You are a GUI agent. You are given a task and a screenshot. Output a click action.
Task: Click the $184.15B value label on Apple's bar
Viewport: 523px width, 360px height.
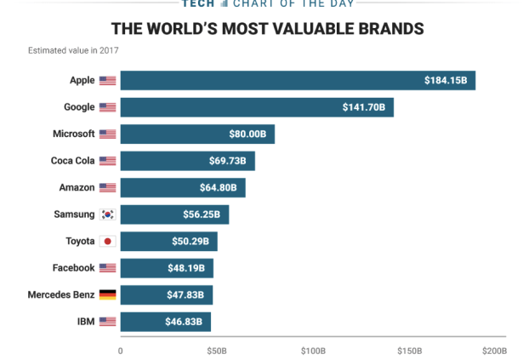pos(446,81)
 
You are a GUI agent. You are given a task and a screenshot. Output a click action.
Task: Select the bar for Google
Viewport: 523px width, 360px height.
pos(255,107)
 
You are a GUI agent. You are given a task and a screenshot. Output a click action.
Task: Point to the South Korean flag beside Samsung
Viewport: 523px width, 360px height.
pos(107,214)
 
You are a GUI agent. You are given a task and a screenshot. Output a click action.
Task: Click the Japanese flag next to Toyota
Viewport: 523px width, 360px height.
pos(107,242)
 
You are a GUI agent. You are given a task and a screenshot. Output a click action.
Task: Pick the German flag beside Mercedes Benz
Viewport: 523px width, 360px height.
pos(107,294)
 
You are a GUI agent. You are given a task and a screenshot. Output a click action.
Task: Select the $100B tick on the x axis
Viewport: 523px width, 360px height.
pos(313,350)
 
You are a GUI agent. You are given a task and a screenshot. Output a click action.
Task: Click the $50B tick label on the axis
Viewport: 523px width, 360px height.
pos(216,350)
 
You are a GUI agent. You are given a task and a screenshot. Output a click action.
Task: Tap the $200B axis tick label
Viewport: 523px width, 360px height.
pos(494,350)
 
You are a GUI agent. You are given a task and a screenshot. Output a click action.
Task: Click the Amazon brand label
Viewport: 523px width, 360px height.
pos(77,187)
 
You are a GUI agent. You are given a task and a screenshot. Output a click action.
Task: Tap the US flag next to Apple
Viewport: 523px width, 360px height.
pos(107,81)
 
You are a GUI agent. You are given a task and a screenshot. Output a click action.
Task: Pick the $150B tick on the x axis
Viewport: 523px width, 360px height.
pos(410,350)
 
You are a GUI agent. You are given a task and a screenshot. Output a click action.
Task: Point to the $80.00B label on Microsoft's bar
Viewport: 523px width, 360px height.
pos(247,134)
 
